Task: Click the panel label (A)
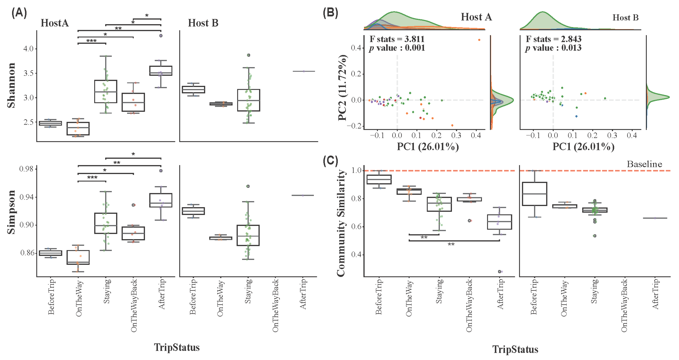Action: pos(19,13)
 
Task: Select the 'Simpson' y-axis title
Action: pos(11,212)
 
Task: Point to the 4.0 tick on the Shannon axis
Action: pos(29,49)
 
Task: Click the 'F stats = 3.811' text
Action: pos(397,39)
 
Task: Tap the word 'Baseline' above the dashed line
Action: pos(644,164)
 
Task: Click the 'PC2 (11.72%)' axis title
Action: pos(342,88)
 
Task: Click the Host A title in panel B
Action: pos(476,17)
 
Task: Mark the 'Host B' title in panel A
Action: pos(203,23)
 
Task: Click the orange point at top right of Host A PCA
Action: pos(479,40)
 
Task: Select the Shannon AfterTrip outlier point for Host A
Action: pos(161,36)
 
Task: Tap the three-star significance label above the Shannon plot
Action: pos(92,41)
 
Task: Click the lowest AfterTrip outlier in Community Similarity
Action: pos(500,272)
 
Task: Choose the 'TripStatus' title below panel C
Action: pos(515,349)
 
